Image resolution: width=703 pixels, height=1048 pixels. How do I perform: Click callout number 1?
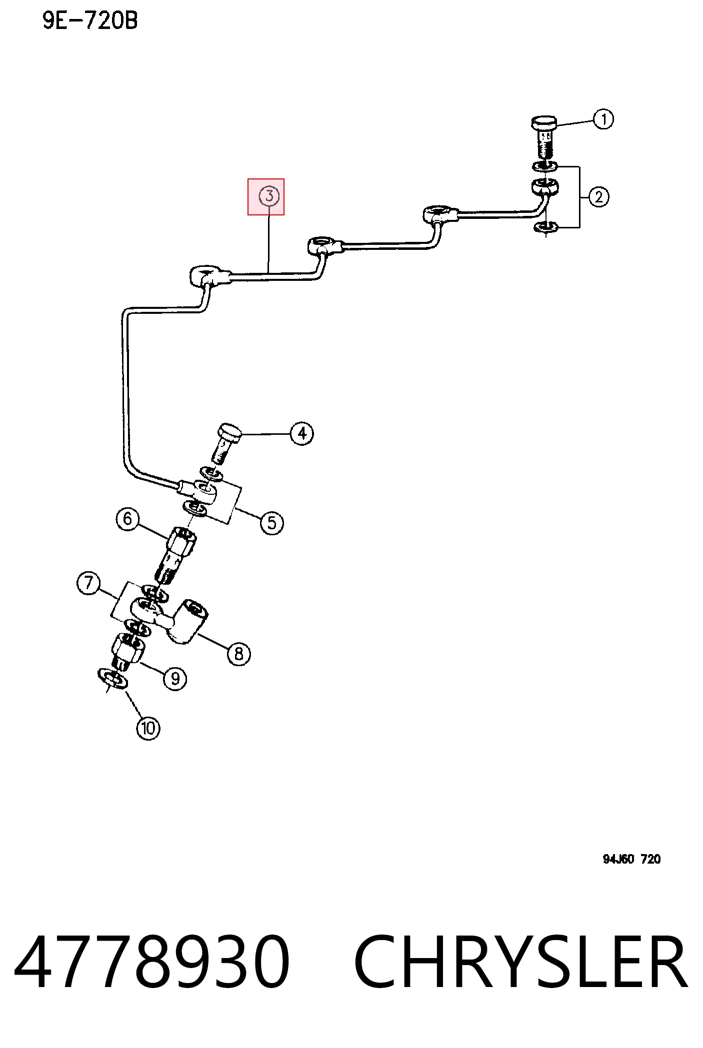click(x=603, y=119)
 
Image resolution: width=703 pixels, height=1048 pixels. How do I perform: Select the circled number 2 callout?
click(x=599, y=197)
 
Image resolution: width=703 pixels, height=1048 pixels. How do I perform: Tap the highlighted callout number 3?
click(x=269, y=196)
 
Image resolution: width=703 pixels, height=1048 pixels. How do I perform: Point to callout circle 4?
click(x=302, y=433)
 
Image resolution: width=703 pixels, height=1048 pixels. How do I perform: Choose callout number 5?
click(x=271, y=523)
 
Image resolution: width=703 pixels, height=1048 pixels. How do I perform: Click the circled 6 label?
click(x=127, y=519)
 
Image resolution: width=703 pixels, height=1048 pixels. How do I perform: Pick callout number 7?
click(x=88, y=583)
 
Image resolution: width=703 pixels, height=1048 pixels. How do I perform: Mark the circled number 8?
click(x=239, y=654)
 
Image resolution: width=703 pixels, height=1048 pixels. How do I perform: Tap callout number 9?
click(x=175, y=679)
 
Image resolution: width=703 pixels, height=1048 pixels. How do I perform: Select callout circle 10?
click(x=148, y=728)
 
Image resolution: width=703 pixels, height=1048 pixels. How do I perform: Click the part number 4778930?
click(x=152, y=962)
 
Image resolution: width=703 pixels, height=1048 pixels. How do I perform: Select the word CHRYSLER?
click(x=520, y=962)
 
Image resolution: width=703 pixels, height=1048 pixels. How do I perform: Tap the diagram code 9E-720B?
click(x=90, y=20)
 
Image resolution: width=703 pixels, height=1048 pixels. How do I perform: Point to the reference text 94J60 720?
click(x=631, y=859)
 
